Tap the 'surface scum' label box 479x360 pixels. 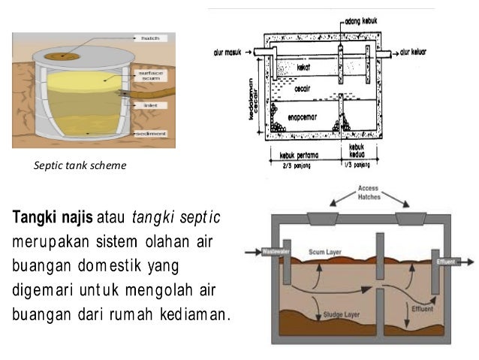pyautogui.click(x=147, y=76)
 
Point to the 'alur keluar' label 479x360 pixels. pyautogui.click(x=414, y=53)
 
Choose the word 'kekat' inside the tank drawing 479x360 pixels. pyautogui.click(x=303, y=68)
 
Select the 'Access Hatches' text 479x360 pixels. pyautogui.click(x=368, y=191)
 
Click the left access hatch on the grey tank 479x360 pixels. pyautogui.click(x=321, y=219)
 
